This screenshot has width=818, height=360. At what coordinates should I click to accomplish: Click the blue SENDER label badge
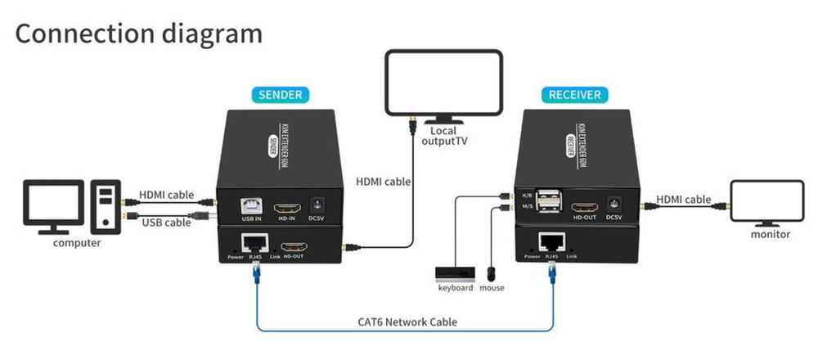pyautogui.click(x=281, y=94)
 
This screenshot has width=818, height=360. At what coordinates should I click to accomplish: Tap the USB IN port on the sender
pyautogui.click(x=247, y=205)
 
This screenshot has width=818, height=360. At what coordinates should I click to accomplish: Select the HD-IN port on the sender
pyautogui.click(x=285, y=205)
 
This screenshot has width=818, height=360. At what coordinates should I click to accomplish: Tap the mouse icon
pyautogui.click(x=492, y=272)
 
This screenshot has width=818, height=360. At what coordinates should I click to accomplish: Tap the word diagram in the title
pyautogui.click(x=208, y=34)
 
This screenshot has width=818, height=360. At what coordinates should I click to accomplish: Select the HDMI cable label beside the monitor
pyautogui.click(x=683, y=199)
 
